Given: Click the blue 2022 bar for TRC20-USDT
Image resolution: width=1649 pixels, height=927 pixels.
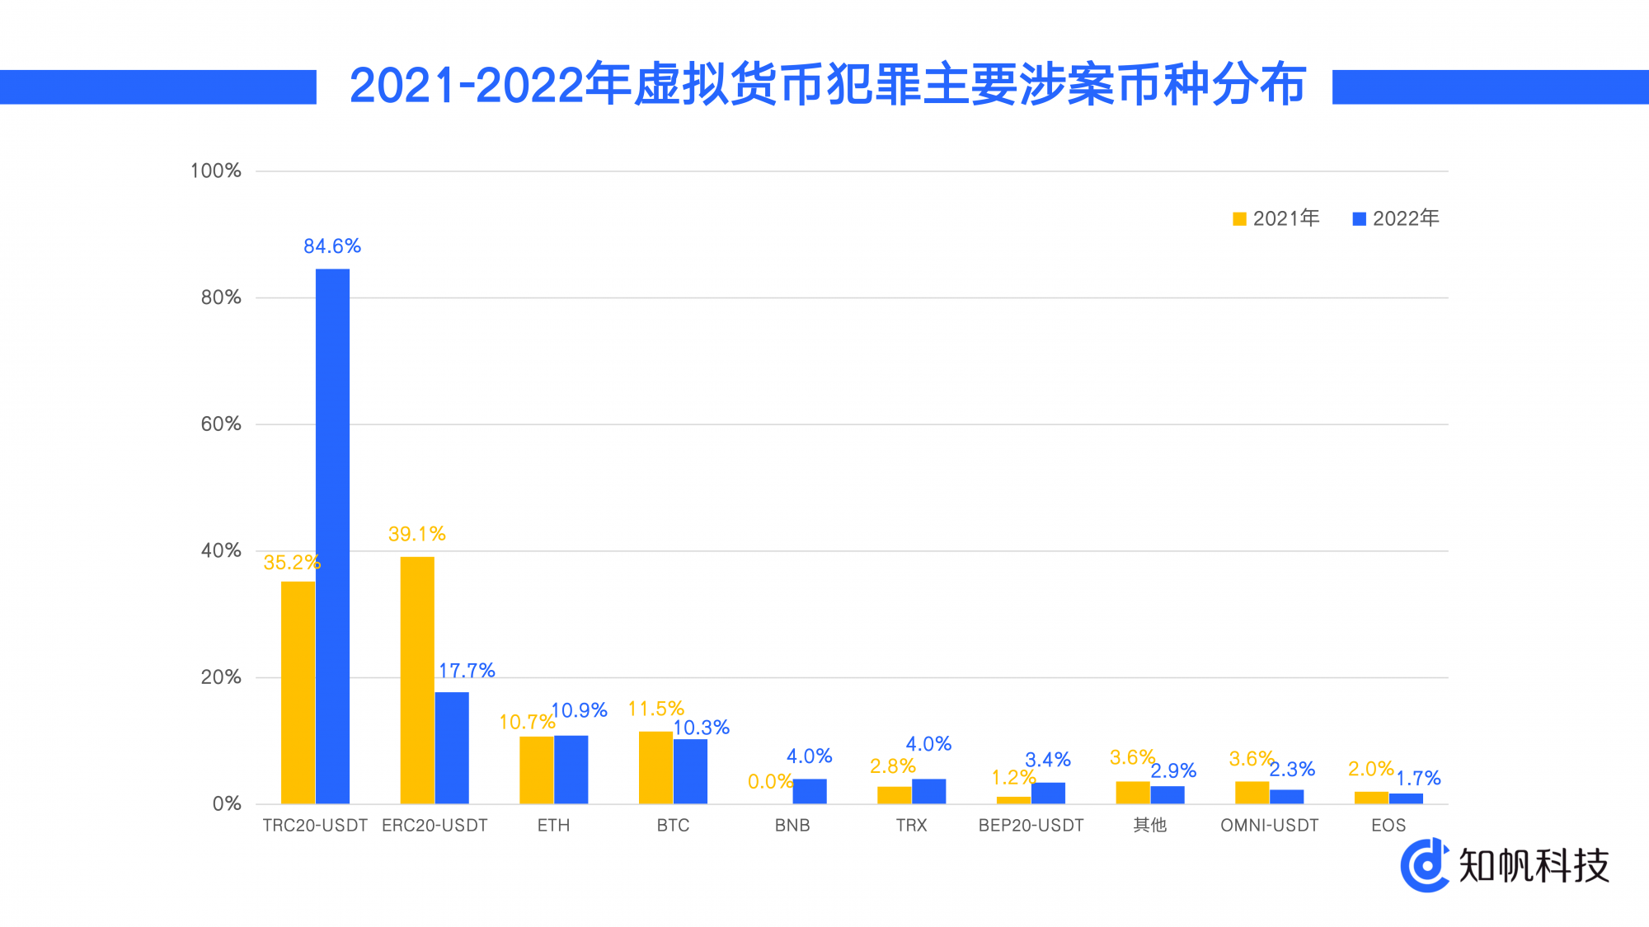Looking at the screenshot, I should (x=332, y=536).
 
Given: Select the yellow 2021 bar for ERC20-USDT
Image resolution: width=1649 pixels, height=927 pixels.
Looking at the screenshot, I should (x=417, y=680).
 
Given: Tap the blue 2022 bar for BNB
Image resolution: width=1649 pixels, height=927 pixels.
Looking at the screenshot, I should (x=810, y=791).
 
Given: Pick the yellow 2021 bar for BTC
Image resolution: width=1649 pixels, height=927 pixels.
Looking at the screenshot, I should (x=655, y=767).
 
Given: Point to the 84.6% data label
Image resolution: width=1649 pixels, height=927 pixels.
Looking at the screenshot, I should (x=332, y=246).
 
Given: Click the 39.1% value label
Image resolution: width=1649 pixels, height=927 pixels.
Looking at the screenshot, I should (x=417, y=534).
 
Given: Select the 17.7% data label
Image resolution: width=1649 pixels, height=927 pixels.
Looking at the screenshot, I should (x=467, y=671).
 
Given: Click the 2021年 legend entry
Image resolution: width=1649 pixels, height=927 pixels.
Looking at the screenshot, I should (x=1276, y=218).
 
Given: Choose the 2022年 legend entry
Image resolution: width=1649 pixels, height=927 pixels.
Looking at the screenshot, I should (x=1397, y=218).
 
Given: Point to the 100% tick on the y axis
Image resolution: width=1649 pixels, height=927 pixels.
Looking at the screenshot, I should (x=216, y=171).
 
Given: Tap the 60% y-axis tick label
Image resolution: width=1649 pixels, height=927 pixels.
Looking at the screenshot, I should (x=221, y=424).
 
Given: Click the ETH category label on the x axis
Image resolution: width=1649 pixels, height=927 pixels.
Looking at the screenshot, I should (x=553, y=826).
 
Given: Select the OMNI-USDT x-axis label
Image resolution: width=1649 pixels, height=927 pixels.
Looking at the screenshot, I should (x=1270, y=826).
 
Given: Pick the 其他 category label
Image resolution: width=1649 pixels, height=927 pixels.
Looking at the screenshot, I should (x=1150, y=826).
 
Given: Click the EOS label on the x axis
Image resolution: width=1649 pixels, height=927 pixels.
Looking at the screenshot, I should (x=1388, y=826).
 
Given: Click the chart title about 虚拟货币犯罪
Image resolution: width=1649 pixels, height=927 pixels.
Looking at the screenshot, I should (x=827, y=85).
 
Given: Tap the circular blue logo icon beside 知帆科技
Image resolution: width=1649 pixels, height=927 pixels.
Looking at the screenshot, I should (x=1425, y=865).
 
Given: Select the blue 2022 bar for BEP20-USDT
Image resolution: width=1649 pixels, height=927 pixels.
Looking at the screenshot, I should (x=1048, y=793).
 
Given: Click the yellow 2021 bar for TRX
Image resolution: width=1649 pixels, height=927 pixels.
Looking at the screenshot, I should (x=894, y=795).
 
